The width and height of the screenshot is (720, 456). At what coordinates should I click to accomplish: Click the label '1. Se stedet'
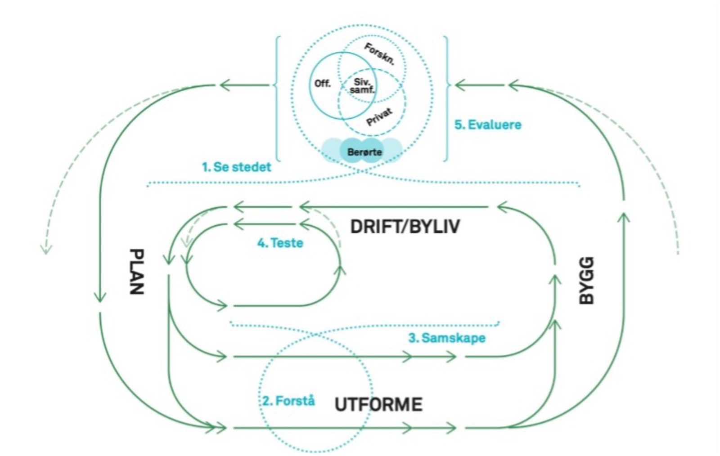tap(237, 167)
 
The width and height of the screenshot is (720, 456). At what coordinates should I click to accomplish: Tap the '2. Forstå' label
tap(289, 400)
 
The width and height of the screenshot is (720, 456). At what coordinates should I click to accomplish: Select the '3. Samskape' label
tap(447, 338)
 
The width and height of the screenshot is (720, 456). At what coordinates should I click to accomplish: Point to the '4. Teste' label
tap(280, 243)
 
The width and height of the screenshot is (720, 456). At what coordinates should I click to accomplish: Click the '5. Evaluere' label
tap(488, 125)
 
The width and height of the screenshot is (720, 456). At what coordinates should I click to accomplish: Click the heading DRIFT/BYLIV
tap(405, 226)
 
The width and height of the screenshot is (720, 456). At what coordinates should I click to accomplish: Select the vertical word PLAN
tap(136, 271)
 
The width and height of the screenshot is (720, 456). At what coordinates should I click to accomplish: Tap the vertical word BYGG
tap(586, 281)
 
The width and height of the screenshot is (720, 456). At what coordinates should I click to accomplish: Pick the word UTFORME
tap(378, 405)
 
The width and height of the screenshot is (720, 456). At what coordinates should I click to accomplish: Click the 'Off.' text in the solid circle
tap(322, 84)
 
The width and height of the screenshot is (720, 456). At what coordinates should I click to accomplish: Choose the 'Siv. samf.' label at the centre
tap(362, 86)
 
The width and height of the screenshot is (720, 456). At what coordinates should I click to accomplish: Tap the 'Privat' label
tap(379, 117)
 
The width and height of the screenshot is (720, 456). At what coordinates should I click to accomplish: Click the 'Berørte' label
tap(364, 152)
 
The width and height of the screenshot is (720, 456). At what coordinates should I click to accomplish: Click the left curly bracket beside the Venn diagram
tap(276, 99)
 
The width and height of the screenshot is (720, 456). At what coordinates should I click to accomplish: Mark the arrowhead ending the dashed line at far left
tap(45, 249)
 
